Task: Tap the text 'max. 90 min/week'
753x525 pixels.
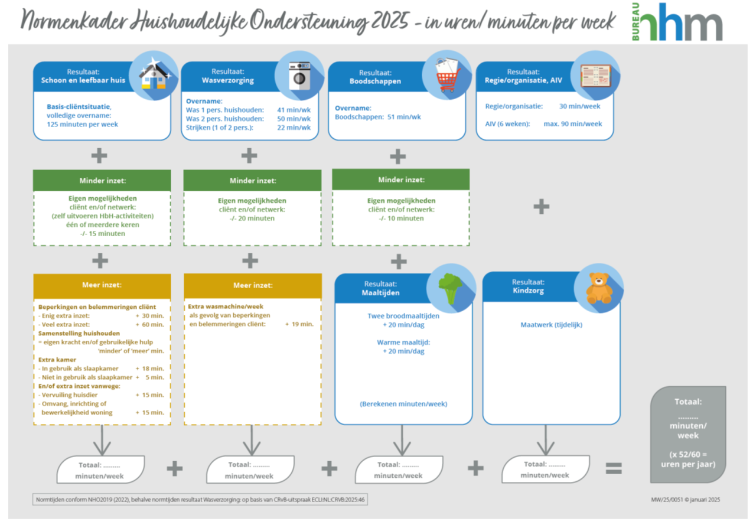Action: point(572,124)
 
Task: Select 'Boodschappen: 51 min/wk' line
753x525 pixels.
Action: point(377,117)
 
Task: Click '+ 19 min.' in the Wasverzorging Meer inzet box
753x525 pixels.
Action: point(299,324)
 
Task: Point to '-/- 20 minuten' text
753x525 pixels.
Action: point(252,219)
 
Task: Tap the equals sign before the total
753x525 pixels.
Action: point(614,468)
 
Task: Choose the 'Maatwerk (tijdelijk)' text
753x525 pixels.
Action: point(551,325)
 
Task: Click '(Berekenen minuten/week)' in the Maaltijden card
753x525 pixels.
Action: point(403,404)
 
